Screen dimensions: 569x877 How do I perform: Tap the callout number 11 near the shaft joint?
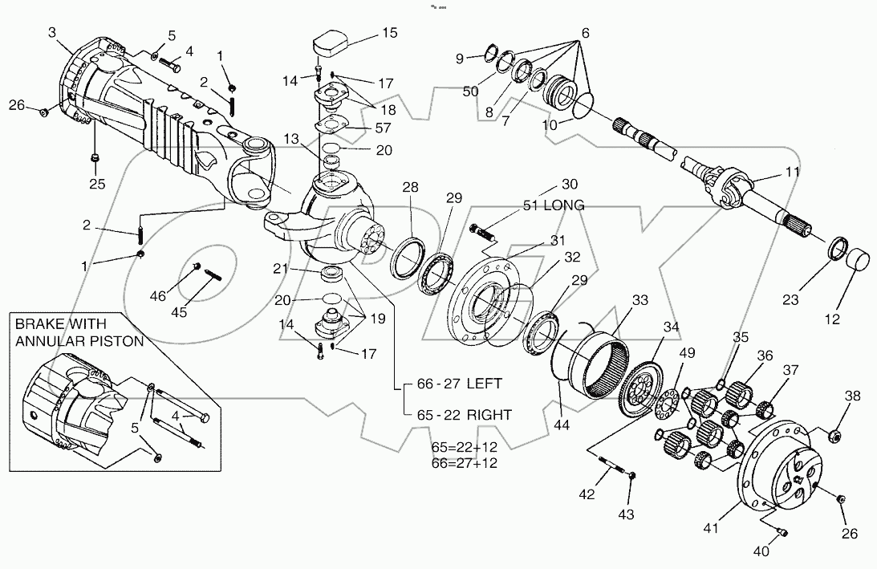tap(792, 173)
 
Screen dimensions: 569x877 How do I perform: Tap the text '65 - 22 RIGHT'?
tap(465, 414)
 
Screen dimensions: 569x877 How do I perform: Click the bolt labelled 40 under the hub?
tap(784, 531)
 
